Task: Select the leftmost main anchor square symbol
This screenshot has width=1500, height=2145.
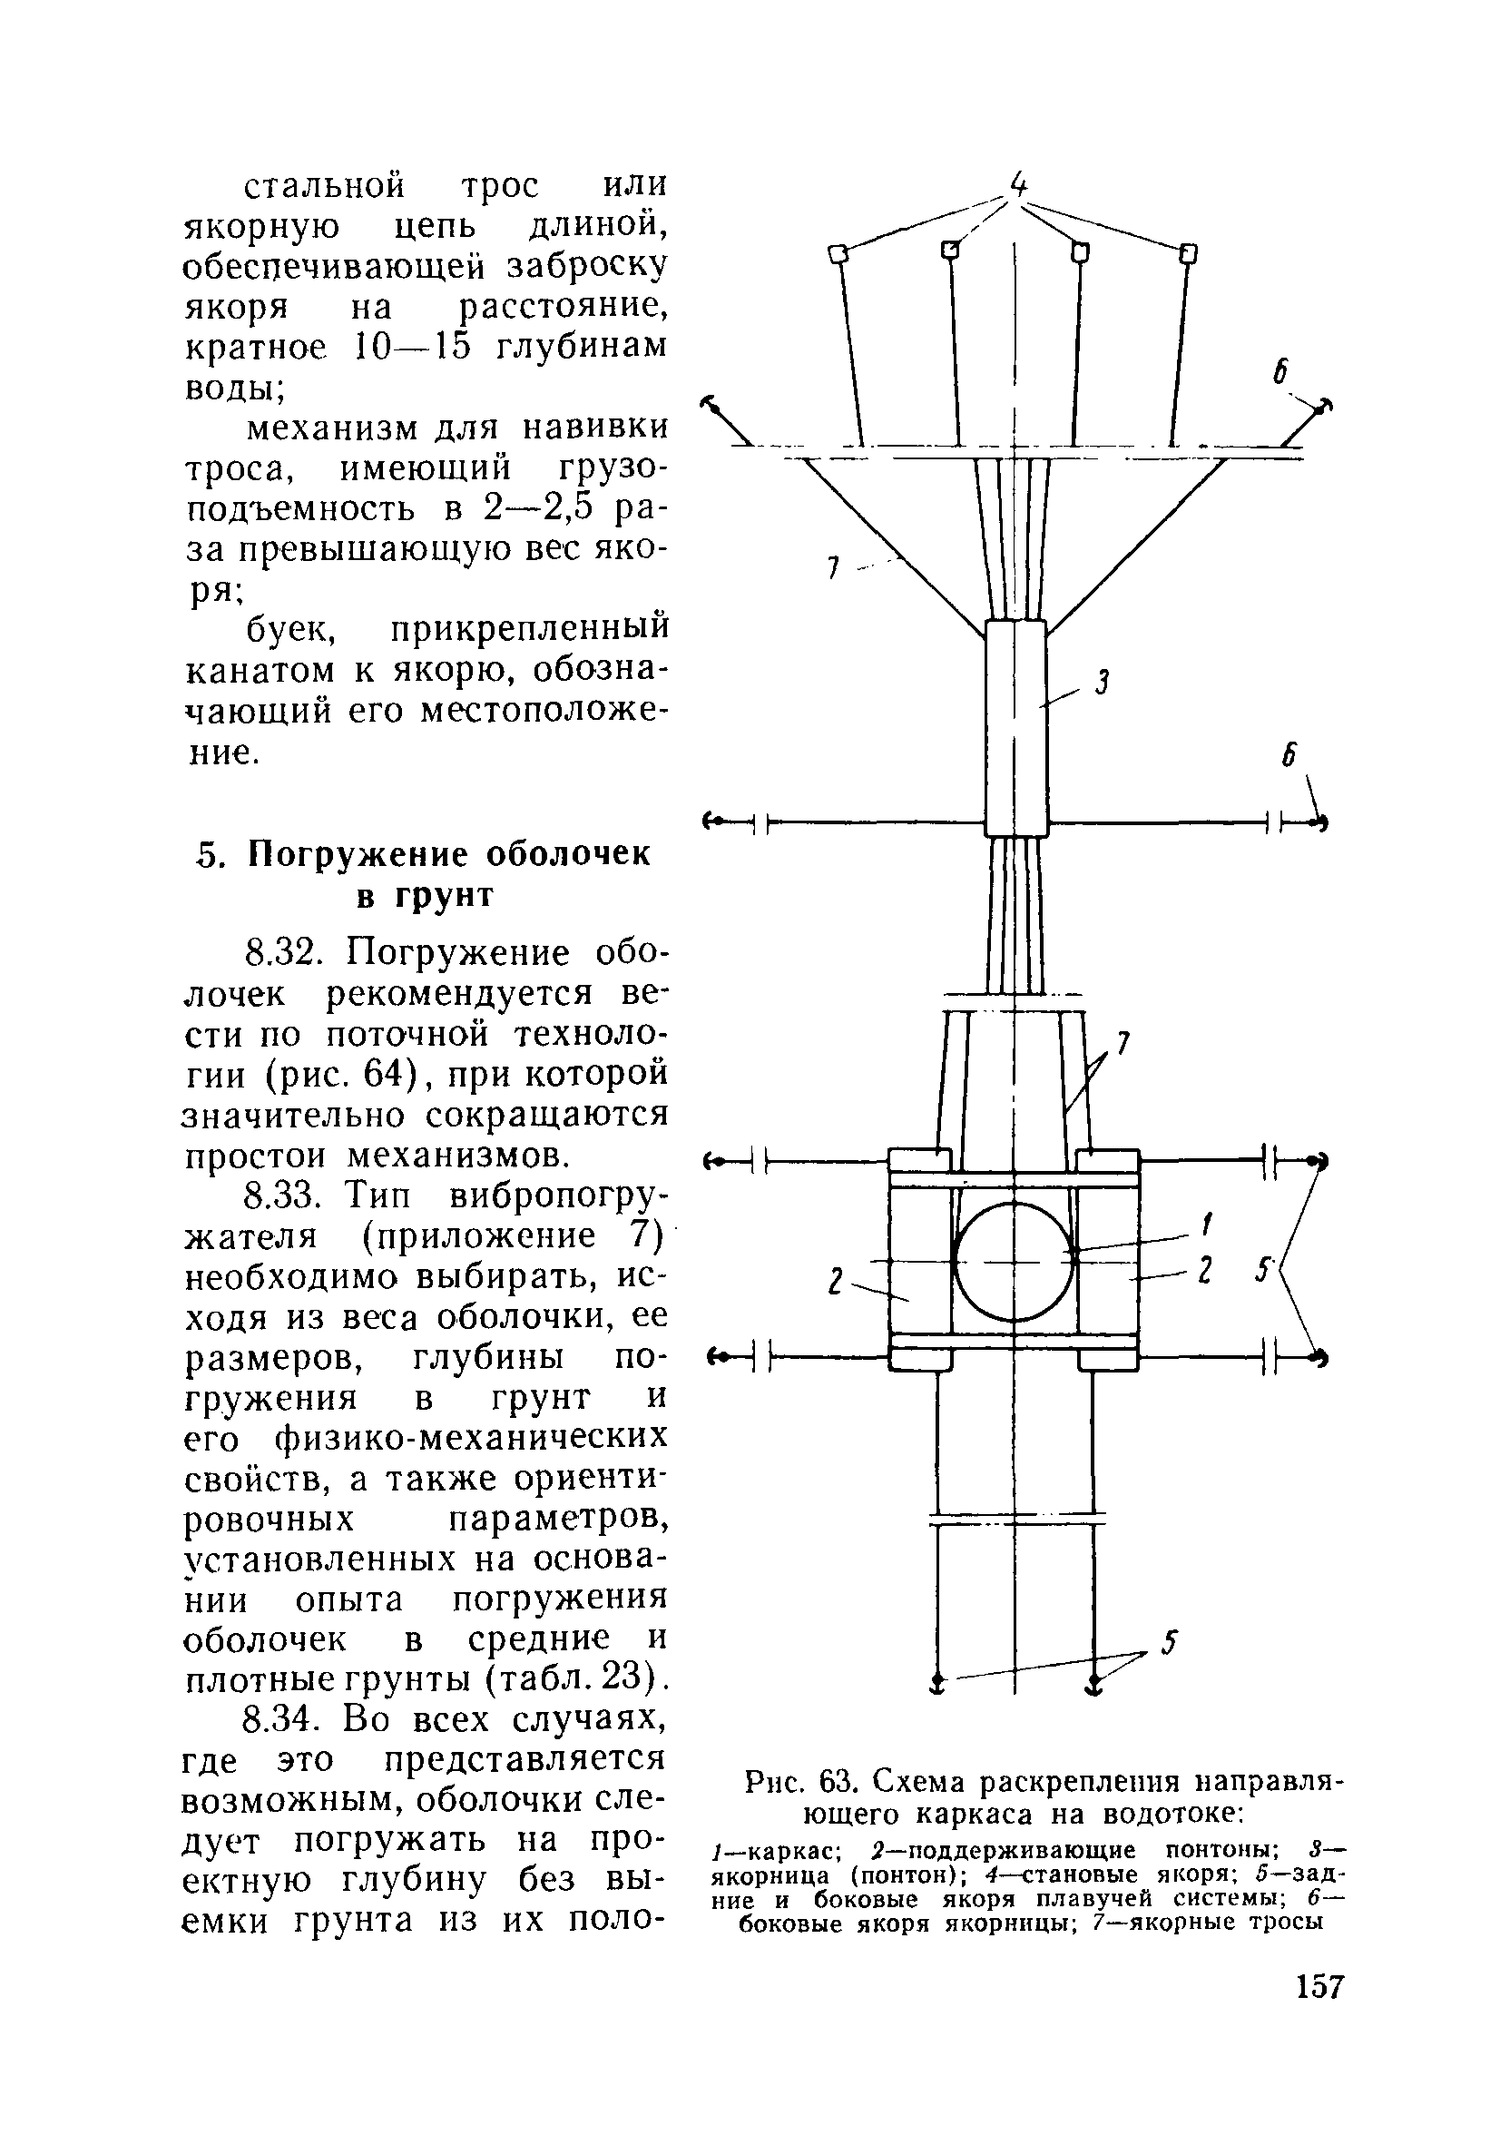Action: click(838, 254)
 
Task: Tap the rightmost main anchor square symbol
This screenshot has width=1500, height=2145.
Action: click(1189, 253)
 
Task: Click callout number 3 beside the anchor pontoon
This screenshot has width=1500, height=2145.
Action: click(1103, 684)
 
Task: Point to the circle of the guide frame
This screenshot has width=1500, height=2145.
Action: click(1014, 1260)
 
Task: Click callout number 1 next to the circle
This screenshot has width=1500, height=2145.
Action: click(1207, 1223)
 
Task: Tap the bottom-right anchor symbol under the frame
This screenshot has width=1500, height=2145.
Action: click(1093, 1683)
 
